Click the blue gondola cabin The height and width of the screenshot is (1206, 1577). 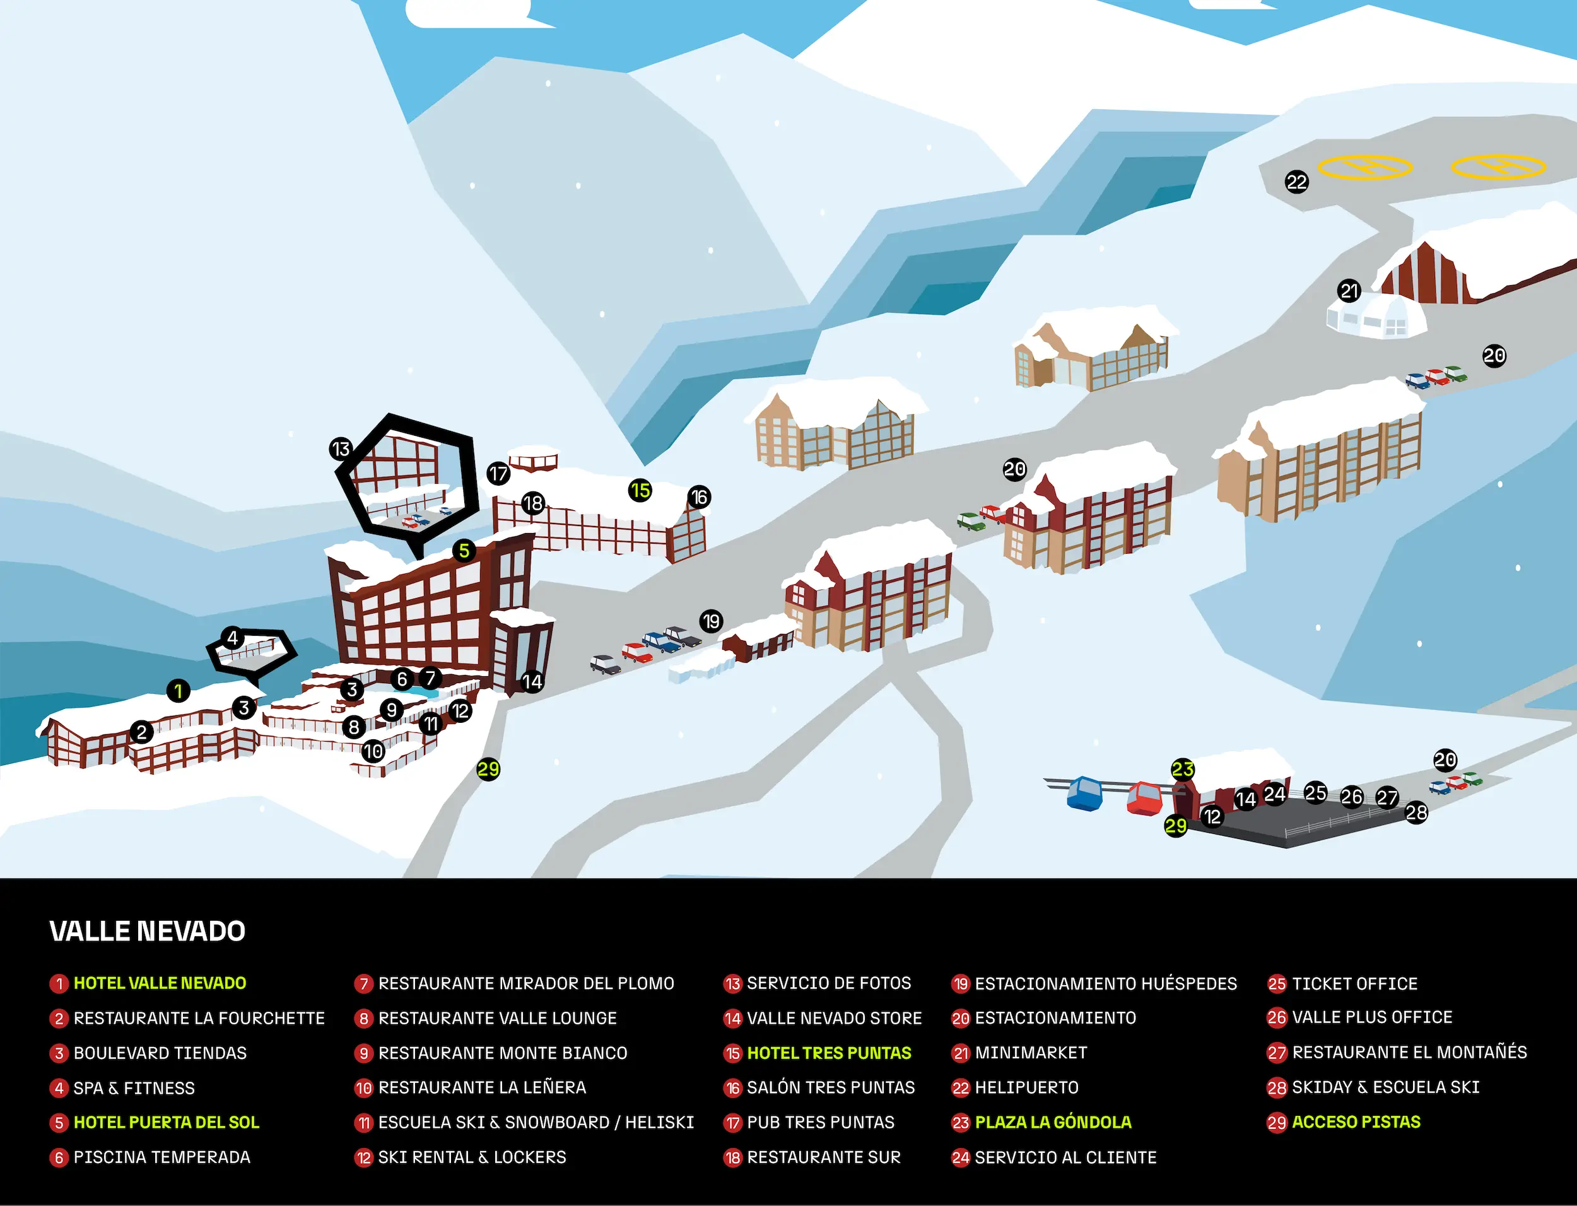tap(1084, 792)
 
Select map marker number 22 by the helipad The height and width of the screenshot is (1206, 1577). tap(1296, 182)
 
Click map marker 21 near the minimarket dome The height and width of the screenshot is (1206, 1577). tap(1349, 291)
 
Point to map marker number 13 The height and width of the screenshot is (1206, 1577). tap(340, 448)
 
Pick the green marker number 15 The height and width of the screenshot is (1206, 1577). tap(640, 491)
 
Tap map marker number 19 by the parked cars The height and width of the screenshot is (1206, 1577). tap(711, 621)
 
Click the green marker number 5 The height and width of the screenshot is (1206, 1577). tap(464, 551)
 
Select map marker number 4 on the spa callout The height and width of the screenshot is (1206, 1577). tap(232, 638)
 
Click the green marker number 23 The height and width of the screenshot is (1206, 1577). tap(1182, 770)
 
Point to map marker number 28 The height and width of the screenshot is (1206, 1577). tap(1416, 812)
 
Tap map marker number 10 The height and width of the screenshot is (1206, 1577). tap(373, 752)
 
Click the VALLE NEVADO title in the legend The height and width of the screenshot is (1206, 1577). tap(147, 931)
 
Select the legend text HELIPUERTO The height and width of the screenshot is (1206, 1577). tap(1026, 1087)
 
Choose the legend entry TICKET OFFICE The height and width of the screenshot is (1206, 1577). tap(1354, 983)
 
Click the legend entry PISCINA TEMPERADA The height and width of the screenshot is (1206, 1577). tap(162, 1157)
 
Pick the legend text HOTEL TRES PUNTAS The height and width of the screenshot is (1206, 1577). tap(829, 1053)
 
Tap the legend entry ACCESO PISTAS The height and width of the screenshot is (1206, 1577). tap(1356, 1122)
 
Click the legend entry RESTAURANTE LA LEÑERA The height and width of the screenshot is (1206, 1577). tap(483, 1087)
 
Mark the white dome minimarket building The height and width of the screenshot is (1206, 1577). tap(1375, 316)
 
